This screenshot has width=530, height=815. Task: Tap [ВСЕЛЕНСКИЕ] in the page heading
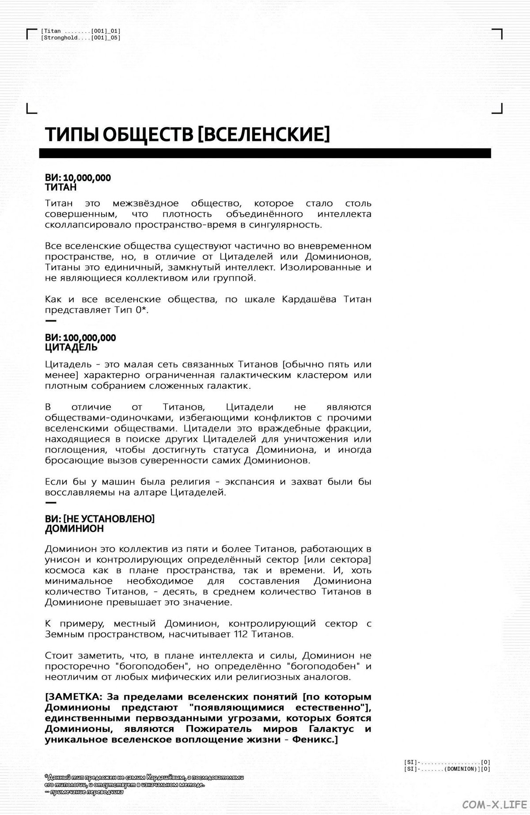263,134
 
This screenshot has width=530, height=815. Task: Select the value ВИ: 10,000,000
78,178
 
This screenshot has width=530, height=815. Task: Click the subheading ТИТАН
61,187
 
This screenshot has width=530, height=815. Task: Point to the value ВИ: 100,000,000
80,338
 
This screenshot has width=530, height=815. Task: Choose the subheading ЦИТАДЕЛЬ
71,348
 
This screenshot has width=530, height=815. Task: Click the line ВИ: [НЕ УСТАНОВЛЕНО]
99,519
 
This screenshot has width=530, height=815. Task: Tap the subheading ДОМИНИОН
75,529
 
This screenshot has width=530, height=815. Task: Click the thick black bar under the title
265,153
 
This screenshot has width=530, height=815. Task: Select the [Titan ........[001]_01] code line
80,31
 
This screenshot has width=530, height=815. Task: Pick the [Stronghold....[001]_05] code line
80,38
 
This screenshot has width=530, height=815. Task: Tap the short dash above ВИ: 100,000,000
51,321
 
